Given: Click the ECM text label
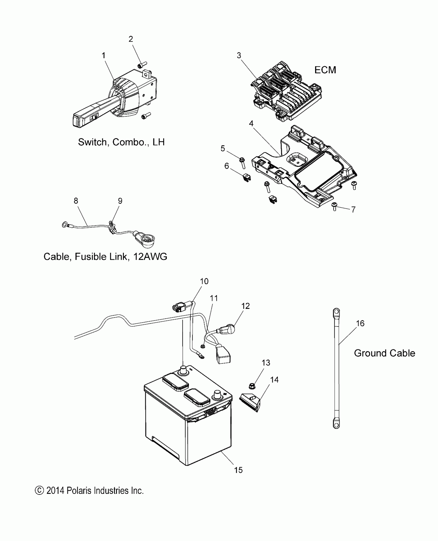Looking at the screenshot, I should [x=325, y=70].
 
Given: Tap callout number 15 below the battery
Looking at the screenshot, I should [x=238, y=470].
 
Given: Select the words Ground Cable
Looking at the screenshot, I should [x=384, y=353].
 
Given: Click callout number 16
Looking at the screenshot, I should [x=360, y=323].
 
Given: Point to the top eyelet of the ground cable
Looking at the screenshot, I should [x=336, y=312].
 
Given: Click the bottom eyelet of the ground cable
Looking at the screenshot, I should [x=336, y=424].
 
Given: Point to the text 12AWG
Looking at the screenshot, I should [x=150, y=257].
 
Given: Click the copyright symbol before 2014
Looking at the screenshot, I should [x=39, y=491].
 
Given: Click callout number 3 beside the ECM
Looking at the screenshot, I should [x=239, y=55].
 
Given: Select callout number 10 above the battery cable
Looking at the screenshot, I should [x=204, y=281].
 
